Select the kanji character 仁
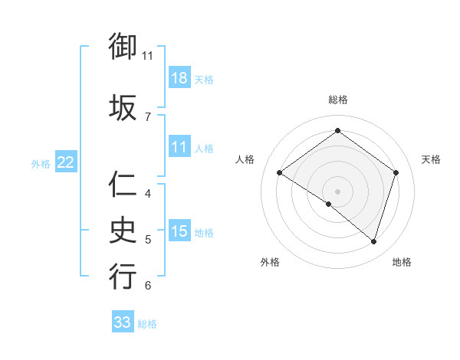click(x=123, y=185)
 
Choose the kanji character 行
click(x=123, y=276)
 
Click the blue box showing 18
click(x=179, y=78)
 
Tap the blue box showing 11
click(x=179, y=147)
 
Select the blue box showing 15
click(x=179, y=232)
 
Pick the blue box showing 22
click(x=66, y=162)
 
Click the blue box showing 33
click(x=123, y=322)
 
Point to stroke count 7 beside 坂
click(x=147, y=116)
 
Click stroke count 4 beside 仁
click(x=147, y=193)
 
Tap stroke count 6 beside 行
click(x=147, y=286)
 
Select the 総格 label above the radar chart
click(x=337, y=100)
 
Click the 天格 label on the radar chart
click(x=432, y=159)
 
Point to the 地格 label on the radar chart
click(x=402, y=262)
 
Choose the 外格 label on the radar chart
click(x=270, y=262)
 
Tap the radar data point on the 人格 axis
click(x=279, y=173)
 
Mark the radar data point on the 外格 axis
click(x=329, y=204)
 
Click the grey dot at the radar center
click(x=337, y=190)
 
